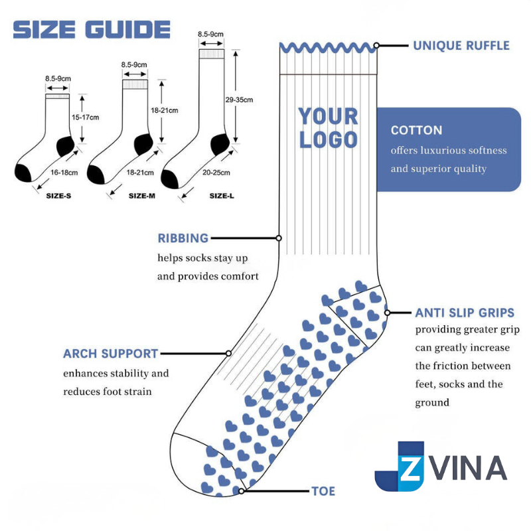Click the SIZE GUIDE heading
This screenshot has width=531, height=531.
92,29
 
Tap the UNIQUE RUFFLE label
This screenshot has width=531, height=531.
461,46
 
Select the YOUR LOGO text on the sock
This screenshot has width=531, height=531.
328,127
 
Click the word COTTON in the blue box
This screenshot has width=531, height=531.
416,130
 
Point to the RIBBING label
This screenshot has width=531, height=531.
183,238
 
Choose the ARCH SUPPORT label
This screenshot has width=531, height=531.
111,354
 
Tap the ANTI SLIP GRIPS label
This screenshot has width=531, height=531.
465,313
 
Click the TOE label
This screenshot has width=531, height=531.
323,492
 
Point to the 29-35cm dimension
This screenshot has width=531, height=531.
239,100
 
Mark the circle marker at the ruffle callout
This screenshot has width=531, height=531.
376,46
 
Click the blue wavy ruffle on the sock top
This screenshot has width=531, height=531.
328,48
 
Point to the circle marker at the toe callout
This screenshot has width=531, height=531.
242,491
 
